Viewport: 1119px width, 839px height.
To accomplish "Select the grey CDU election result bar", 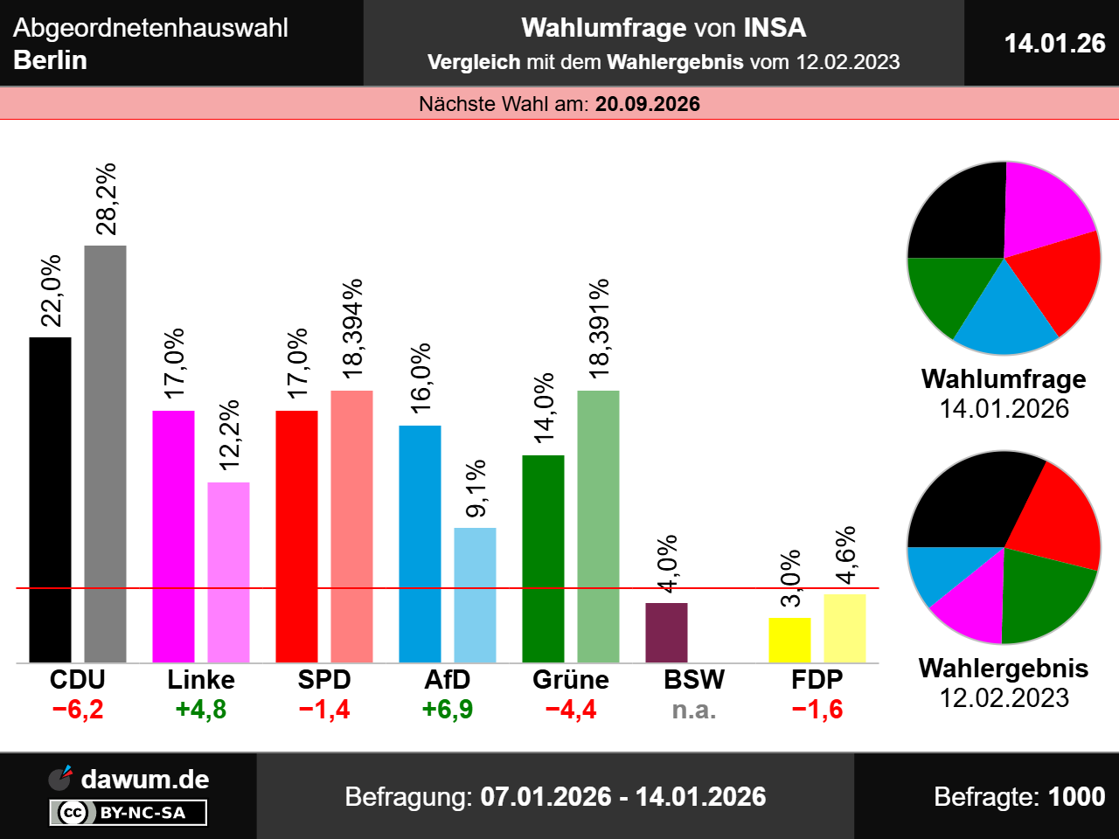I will coord(105,454).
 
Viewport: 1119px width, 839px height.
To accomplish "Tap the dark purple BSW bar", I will coord(666,632).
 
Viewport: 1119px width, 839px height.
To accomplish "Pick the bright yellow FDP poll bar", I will coord(789,640).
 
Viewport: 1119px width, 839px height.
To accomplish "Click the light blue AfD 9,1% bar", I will coord(475,594).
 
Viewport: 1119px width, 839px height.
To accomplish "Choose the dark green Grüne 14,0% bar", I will coord(543,558).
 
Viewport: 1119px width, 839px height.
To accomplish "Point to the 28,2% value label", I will coord(106,199).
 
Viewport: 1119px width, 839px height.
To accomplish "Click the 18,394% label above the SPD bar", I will coord(352,329).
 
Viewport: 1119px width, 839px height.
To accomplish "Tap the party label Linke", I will coord(201,680).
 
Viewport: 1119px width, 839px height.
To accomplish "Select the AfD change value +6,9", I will coord(448,710).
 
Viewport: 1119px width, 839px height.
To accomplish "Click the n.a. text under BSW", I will coord(694,710).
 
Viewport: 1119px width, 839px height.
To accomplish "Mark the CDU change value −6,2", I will coord(78,710).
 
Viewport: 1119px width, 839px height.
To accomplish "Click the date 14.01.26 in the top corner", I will coord(1054,43).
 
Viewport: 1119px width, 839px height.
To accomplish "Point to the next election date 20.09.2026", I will coord(648,104).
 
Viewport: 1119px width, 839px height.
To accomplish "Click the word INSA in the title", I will coord(775,28).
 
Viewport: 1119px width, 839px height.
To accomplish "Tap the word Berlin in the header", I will coord(51,60).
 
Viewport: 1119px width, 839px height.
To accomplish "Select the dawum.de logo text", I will coord(145,779).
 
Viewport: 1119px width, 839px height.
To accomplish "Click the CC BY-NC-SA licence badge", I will coord(129,813).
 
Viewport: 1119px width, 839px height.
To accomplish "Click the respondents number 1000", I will coord(1076,796).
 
